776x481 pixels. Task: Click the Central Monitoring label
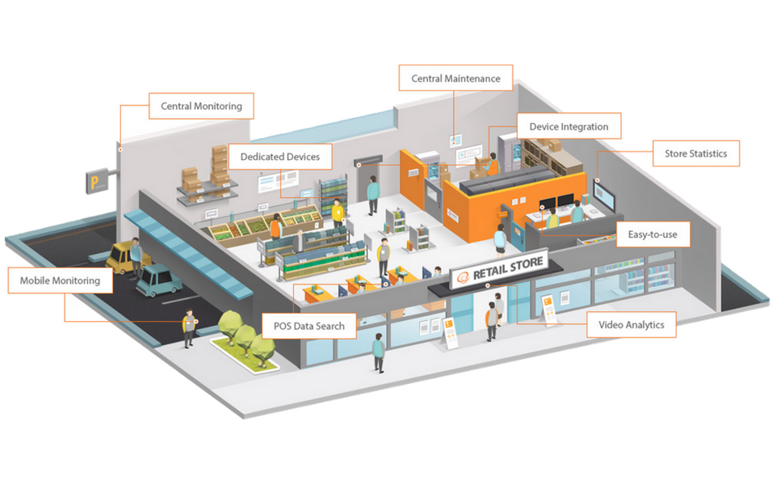tap(201, 106)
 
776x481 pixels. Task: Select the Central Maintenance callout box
tap(455, 78)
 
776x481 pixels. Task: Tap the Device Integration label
tap(568, 127)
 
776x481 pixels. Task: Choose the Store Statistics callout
tap(695, 154)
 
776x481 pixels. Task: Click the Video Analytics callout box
tap(631, 325)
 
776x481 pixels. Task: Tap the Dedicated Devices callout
tap(279, 156)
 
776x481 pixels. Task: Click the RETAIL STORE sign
tap(499, 268)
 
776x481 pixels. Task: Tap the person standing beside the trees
tap(188, 327)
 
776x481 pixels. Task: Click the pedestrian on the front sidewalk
tap(377, 352)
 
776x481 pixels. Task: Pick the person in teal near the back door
tap(372, 194)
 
